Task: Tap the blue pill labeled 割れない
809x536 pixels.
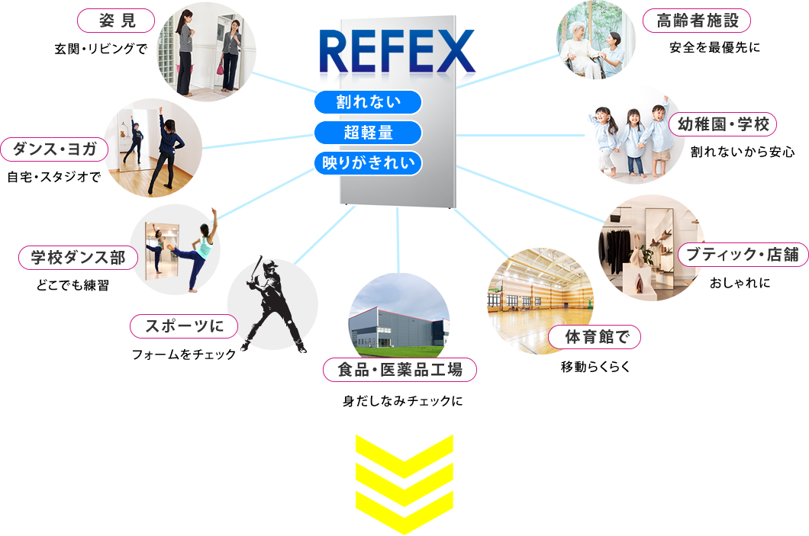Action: click(x=368, y=102)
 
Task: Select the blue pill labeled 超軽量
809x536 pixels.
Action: click(x=368, y=133)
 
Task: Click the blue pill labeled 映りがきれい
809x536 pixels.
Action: click(x=368, y=162)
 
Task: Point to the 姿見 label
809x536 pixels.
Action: click(x=117, y=21)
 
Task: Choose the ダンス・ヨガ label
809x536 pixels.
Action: click(x=54, y=149)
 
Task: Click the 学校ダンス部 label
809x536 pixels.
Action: click(x=77, y=258)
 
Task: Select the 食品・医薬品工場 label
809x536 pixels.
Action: click(x=400, y=371)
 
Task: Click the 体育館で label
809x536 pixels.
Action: click(x=594, y=336)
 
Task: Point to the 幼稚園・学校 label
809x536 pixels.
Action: click(x=722, y=124)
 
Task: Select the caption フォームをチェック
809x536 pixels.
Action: click(x=184, y=355)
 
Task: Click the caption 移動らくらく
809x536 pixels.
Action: click(x=595, y=367)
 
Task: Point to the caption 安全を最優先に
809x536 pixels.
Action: click(x=714, y=47)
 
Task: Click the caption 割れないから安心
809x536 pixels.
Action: click(x=742, y=152)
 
